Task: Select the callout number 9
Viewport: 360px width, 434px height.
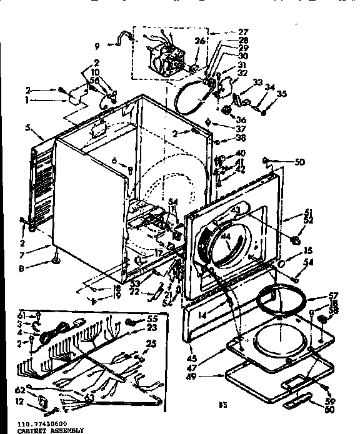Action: click(x=97, y=45)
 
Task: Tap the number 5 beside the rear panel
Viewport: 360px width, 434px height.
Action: click(x=27, y=129)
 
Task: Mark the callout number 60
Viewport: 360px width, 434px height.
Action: click(x=329, y=410)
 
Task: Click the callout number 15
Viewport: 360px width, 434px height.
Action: click(x=290, y=251)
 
